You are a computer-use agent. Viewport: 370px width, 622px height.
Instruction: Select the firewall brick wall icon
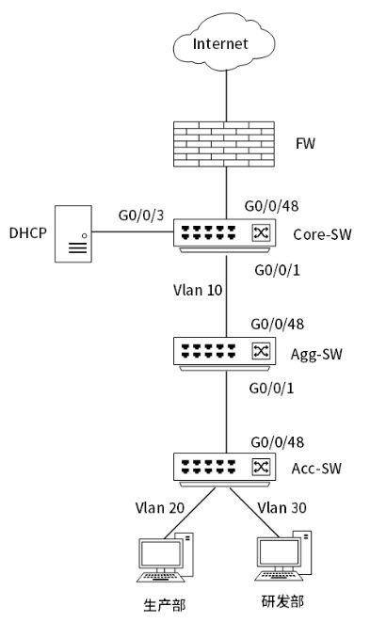tap(224, 144)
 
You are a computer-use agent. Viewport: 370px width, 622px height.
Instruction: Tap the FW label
tap(305, 143)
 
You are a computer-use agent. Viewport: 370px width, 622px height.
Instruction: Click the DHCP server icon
tap(73, 233)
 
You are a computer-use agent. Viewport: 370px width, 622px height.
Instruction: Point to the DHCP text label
tap(28, 232)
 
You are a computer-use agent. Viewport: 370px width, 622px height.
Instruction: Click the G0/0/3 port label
tap(141, 215)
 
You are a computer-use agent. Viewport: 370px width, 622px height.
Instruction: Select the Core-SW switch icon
tap(224, 235)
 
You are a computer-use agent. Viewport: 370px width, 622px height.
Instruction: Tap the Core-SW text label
tap(322, 234)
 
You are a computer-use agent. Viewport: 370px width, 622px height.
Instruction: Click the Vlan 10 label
tap(198, 290)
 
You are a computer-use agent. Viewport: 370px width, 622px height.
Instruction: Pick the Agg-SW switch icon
tap(224, 354)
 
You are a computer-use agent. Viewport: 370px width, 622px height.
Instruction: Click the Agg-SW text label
tap(316, 354)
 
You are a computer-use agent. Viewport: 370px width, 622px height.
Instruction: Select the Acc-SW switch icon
tap(224, 470)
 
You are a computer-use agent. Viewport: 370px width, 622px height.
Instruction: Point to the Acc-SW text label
tap(316, 469)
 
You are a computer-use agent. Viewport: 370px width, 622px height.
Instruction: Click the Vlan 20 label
tap(160, 508)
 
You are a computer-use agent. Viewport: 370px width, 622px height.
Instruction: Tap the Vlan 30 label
tap(282, 508)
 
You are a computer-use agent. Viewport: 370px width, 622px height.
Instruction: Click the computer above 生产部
tap(165, 557)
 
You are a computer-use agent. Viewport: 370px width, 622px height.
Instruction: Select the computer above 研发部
tap(283, 556)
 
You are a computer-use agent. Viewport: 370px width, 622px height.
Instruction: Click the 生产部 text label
tap(165, 605)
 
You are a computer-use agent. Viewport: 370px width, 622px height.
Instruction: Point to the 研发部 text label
tap(282, 601)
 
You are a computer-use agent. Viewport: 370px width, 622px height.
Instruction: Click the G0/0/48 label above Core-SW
tap(271, 206)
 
